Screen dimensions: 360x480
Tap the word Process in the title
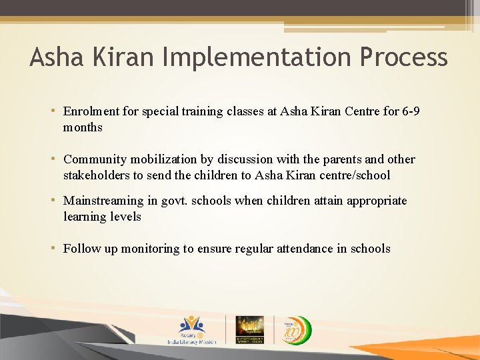tap(403, 57)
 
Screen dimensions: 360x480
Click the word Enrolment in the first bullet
tap(91, 111)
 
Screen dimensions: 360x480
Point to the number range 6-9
tap(411, 111)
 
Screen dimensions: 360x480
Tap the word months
tap(83, 127)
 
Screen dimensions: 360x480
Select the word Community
tap(93, 159)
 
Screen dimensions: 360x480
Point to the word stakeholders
tap(96, 175)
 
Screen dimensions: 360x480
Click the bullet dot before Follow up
tap(54, 249)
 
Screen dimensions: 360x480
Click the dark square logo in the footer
tap(250, 329)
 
